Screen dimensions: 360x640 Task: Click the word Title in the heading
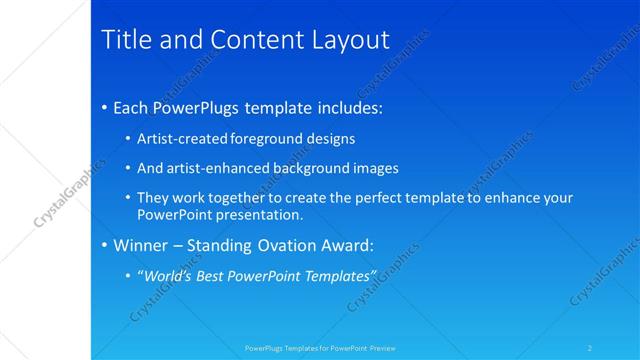(x=126, y=40)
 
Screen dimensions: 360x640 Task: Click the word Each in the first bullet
(x=132, y=107)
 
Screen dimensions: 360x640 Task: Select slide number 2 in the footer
(x=590, y=348)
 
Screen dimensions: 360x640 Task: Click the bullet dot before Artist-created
(x=128, y=139)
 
